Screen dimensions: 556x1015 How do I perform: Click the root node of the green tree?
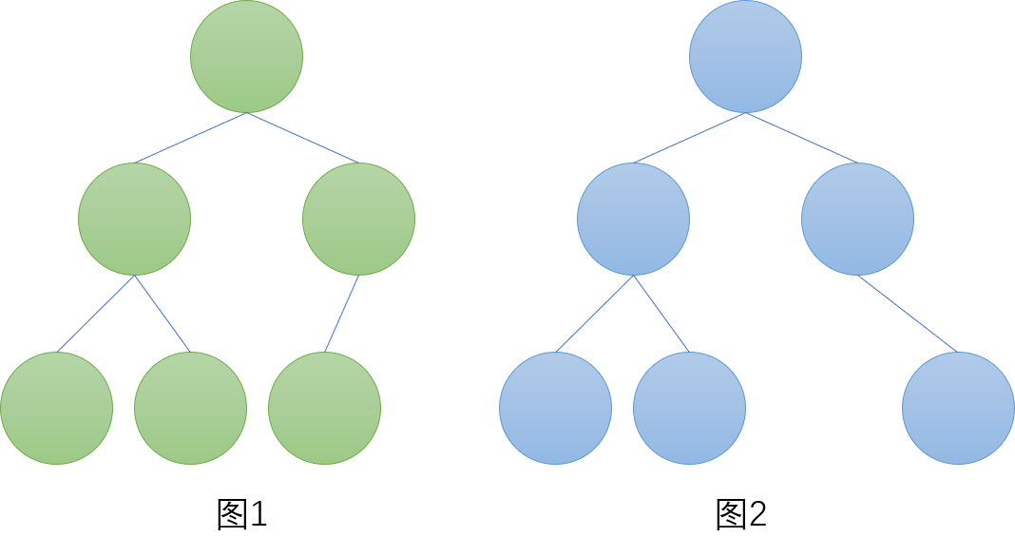pos(246,57)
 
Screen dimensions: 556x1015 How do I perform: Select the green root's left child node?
pos(134,219)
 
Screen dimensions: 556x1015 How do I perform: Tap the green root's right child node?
pos(358,219)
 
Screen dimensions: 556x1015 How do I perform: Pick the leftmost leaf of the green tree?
pos(56,408)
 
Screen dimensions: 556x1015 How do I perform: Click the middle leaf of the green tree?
pos(190,408)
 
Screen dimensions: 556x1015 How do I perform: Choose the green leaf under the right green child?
pos(324,408)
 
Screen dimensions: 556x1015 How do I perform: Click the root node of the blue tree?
pos(745,57)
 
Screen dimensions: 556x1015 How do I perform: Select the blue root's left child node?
pos(633,219)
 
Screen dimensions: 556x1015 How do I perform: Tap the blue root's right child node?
pos(857,219)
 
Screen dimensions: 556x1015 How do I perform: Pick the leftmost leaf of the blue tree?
pos(555,408)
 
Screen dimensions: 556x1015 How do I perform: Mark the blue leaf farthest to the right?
pos(958,408)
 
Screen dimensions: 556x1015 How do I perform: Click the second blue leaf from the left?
pos(689,408)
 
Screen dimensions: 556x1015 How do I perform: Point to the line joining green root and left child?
pos(190,138)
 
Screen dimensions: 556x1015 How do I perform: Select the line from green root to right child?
pos(302,138)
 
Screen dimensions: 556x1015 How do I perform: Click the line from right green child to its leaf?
pos(341,314)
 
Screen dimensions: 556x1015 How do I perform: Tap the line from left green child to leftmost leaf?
pos(95,314)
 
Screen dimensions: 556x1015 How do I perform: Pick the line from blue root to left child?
pos(689,138)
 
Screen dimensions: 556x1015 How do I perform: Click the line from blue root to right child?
pos(801,138)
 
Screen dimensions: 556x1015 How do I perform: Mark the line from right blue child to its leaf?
pos(908,314)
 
